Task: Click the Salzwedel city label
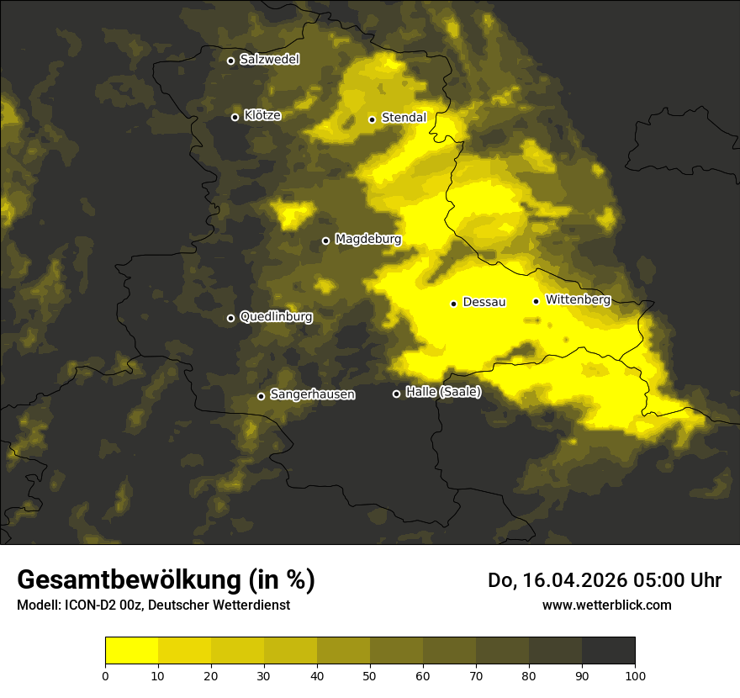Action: (x=269, y=60)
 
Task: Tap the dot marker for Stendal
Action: (x=372, y=119)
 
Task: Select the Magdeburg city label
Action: (x=367, y=240)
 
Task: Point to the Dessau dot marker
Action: (x=453, y=304)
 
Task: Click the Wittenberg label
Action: (x=577, y=299)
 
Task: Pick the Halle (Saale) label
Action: (x=443, y=392)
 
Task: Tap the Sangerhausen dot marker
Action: (x=261, y=396)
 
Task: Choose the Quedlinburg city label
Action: (x=276, y=317)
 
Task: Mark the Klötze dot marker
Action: (x=235, y=117)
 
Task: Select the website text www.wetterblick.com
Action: (x=606, y=605)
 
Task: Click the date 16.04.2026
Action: (x=572, y=580)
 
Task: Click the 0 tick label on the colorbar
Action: (x=105, y=675)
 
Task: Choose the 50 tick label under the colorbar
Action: (x=370, y=675)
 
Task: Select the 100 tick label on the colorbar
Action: (x=635, y=675)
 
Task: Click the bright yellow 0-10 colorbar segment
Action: (x=132, y=651)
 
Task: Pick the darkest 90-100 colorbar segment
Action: (x=608, y=651)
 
